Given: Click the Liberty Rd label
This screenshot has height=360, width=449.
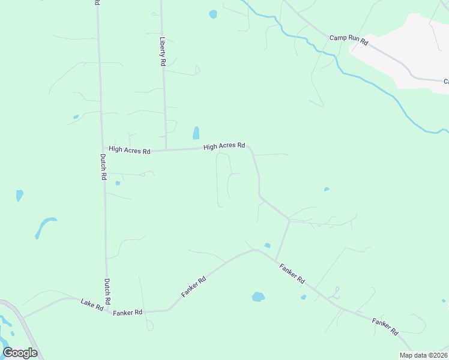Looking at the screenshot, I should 162,50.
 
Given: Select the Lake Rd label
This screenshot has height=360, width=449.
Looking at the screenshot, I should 91,304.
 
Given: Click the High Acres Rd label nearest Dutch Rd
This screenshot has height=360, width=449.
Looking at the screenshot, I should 129,150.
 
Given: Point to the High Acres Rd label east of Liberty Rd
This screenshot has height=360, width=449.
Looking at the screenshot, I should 224,146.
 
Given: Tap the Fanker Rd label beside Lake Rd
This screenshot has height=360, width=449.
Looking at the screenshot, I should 127,313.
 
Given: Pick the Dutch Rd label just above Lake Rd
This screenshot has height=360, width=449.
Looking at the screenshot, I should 107,290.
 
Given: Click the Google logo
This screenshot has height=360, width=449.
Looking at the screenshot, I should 20,353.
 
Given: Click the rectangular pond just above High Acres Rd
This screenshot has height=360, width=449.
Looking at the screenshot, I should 196,133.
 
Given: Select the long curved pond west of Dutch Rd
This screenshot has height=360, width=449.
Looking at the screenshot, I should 44,226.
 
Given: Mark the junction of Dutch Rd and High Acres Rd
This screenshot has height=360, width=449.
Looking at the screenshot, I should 102,148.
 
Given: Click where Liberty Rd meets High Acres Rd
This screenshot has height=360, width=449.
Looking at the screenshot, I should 166,149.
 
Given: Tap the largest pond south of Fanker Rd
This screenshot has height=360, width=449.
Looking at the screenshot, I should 258,296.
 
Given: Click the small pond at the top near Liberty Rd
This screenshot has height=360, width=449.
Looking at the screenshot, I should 212,14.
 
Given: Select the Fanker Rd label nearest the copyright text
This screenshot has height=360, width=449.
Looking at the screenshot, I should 385,326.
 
